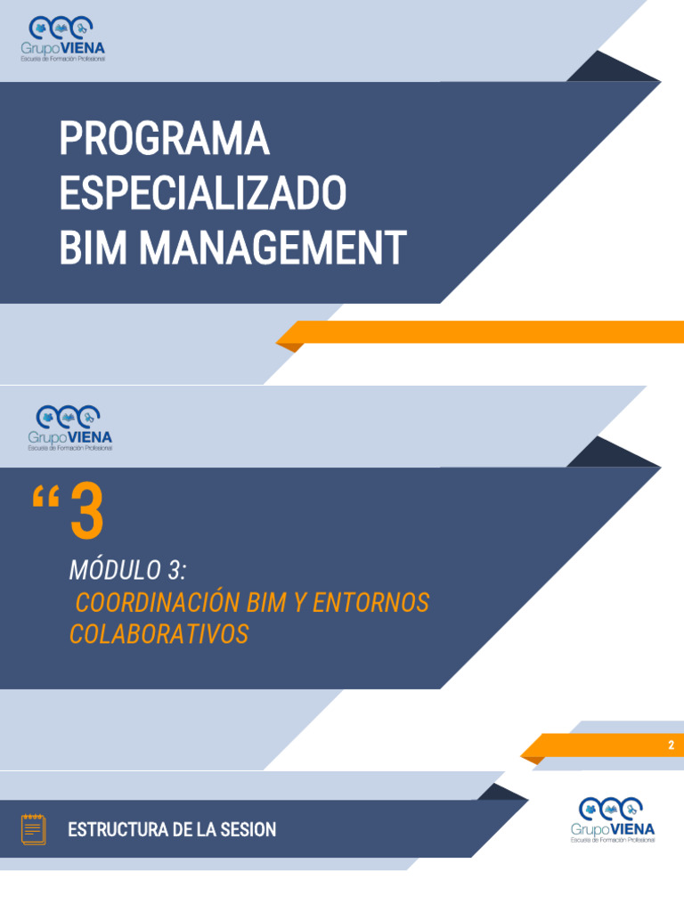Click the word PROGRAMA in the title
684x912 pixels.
[164, 139]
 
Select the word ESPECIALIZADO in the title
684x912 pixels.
[202, 193]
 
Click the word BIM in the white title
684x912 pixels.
[94, 248]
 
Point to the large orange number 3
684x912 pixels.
[86, 512]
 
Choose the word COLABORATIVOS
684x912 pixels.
[159, 635]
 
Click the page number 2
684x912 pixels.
[672, 745]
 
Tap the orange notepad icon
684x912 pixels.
[33, 829]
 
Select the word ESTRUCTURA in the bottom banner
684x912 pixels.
[118, 830]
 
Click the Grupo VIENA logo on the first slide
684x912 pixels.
[65, 39]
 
